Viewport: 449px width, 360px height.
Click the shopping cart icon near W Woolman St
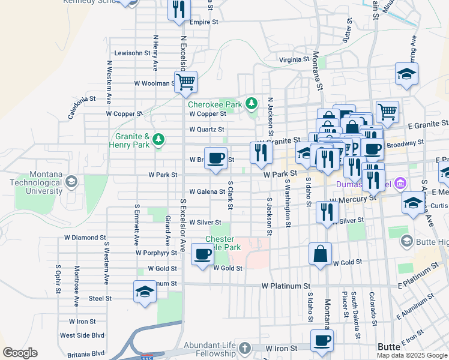click(x=186, y=80)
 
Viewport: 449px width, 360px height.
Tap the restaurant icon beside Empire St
click(x=179, y=9)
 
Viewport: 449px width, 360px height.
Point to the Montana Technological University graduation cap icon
click(x=71, y=182)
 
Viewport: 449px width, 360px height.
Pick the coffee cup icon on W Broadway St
click(x=216, y=158)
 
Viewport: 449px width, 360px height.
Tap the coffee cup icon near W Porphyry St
click(x=202, y=253)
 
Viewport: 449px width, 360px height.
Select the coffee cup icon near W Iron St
click(x=322, y=340)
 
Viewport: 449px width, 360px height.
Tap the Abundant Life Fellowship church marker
click(x=244, y=348)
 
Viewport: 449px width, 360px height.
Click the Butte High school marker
click(x=406, y=241)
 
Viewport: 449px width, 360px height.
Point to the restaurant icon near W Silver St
click(x=327, y=211)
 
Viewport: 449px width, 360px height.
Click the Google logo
click(x=20, y=353)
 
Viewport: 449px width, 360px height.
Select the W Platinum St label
click(x=285, y=286)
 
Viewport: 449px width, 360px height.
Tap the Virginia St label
click(x=294, y=60)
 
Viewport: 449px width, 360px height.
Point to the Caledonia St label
click(x=82, y=107)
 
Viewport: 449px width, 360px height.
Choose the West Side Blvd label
click(x=82, y=335)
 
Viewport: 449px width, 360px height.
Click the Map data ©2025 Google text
click(x=411, y=355)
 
